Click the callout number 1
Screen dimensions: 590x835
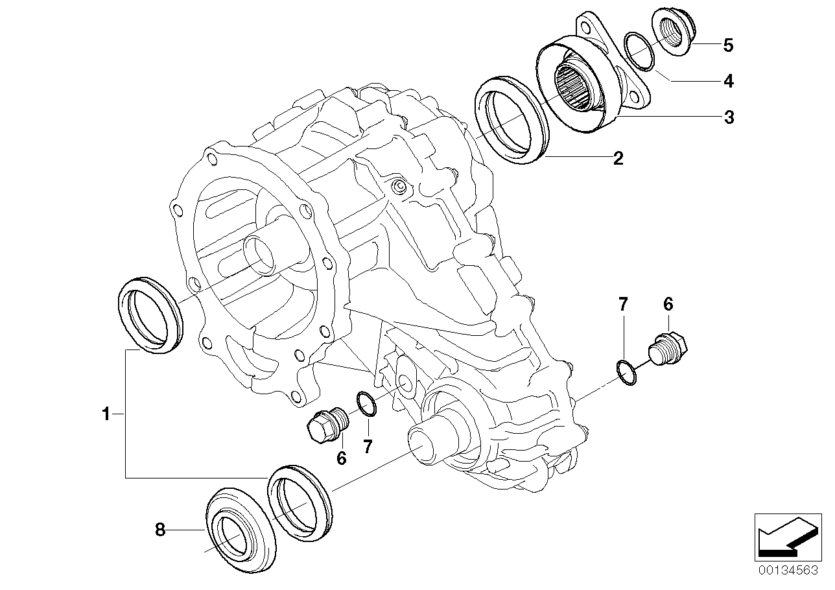(106, 414)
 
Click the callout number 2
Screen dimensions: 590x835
(618, 158)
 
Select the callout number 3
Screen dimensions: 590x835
(729, 117)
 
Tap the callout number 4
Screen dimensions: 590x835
(729, 81)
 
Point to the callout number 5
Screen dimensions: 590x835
(729, 45)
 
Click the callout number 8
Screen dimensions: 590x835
(160, 530)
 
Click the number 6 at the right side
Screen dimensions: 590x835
(668, 303)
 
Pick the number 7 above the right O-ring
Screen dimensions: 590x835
(623, 303)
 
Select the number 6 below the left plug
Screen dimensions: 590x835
(341, 458)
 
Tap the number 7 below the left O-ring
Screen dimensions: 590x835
(368, 446)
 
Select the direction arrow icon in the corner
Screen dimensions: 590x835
(784, 536)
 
